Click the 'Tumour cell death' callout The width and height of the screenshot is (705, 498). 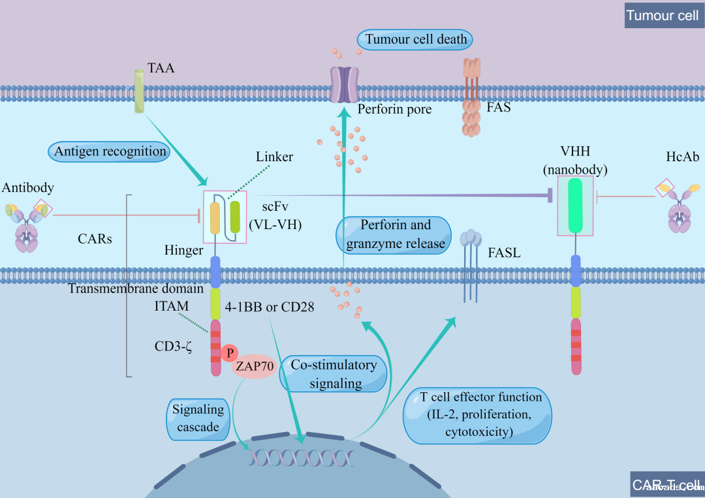(x=415, y=39)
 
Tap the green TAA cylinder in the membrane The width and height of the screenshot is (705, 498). (x=139, y=91)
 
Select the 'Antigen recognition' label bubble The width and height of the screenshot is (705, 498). (x=110, y=151)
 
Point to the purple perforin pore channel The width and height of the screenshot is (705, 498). (x=344, y=84)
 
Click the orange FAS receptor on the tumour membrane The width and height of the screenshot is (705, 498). (x=471, y=98)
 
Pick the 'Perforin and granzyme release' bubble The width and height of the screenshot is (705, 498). (x=394, y=234)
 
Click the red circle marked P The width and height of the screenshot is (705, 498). (x=229, y=353)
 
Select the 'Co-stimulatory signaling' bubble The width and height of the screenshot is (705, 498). (x=333, y=374)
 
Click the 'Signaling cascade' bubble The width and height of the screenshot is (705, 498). (x=198, y=418)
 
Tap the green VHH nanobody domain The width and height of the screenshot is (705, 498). (x=575, y=206)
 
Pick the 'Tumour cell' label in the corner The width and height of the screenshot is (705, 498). (x=662, y=15)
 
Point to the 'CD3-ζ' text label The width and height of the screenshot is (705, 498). (x=172, y=345)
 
